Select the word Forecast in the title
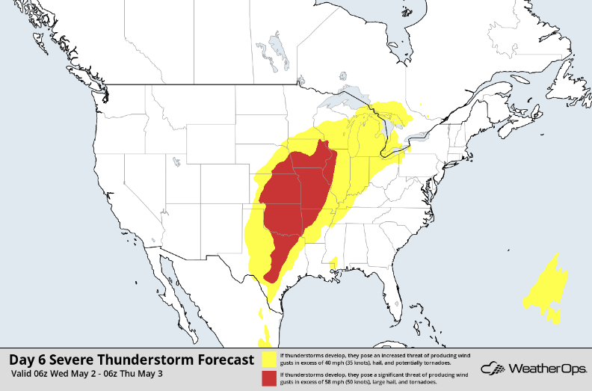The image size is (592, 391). [221, 360]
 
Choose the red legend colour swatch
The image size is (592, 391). [268, 378]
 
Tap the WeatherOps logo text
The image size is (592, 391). [545, 369]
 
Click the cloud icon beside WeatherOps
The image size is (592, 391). [493, 369]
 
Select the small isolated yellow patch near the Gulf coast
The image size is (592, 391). [333, 263]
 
